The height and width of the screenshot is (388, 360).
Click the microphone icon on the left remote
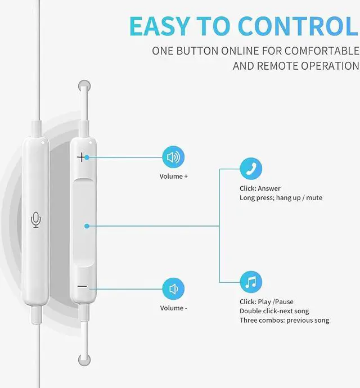[x=36, y=220]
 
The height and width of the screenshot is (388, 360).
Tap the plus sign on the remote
[x=82, y=157]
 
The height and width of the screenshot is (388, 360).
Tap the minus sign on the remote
[x=82, y=286]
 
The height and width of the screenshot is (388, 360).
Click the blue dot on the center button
[x=87, y=226]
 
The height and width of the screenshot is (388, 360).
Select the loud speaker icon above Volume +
[x=173, y=157]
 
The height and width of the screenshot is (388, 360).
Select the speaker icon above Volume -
[x=173, y=289]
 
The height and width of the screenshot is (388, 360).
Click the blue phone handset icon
[x=251, y=168]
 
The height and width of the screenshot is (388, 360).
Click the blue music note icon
[x=251, y=282]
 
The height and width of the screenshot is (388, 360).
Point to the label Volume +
[x=174, y=177]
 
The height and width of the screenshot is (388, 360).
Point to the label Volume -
[x=174, y=308]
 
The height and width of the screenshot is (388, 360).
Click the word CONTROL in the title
[x=298, y=26]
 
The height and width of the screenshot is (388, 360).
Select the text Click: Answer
[x=260, y=188]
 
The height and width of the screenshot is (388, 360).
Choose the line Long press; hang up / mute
[x=281, y=198]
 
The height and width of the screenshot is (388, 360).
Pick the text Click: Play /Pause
[x=266, y=302]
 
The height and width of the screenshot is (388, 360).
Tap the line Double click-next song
[x=274, y=311]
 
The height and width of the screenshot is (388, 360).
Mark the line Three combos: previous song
[x=284, y=321]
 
